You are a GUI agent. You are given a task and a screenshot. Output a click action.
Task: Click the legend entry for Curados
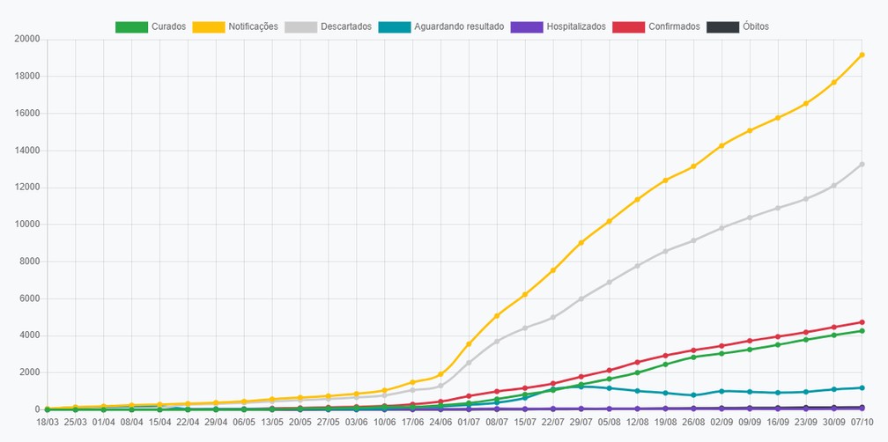[x=151, y=26]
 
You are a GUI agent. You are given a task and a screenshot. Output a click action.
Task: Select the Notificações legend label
[x=253, y=26]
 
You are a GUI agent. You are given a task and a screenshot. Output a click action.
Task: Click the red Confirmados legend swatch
[x=629, y=26]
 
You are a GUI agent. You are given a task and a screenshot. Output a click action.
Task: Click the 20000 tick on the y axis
[x=28, y=39]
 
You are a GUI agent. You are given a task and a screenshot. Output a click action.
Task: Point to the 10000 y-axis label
[x=28, y=225]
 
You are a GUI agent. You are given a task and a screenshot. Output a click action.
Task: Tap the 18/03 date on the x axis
[x=47, y=422]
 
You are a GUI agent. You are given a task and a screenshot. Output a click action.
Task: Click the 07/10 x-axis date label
[x=862, y=422]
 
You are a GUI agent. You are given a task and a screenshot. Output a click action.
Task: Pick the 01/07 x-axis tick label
[x=469, y=422]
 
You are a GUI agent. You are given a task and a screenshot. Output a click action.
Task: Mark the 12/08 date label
[x=637, y=422]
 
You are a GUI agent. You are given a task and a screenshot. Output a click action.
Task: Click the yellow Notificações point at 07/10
[x=862, y=55]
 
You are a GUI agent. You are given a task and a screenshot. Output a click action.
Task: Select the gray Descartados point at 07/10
[x=862, y=164]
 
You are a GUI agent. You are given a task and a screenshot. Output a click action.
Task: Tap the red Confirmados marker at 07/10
[x=862, y=322]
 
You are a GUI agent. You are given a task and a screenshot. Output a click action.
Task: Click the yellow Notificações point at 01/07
[x=469, y=344]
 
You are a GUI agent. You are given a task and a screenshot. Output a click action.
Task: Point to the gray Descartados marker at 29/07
[x=581, y=298]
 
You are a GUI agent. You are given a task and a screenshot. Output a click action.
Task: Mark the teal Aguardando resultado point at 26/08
[x=693, y=395]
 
